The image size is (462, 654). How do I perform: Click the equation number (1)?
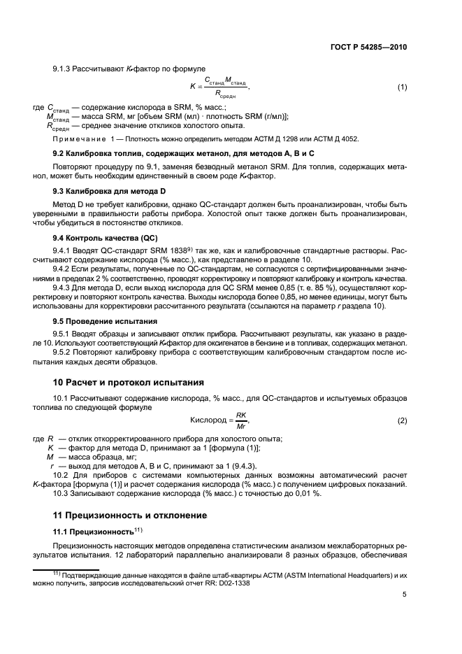402,87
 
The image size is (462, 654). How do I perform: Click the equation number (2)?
402,420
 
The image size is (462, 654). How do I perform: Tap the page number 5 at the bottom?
405,595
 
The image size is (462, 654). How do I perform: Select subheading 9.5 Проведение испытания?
101,322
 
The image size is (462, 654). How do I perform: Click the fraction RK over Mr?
241,420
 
